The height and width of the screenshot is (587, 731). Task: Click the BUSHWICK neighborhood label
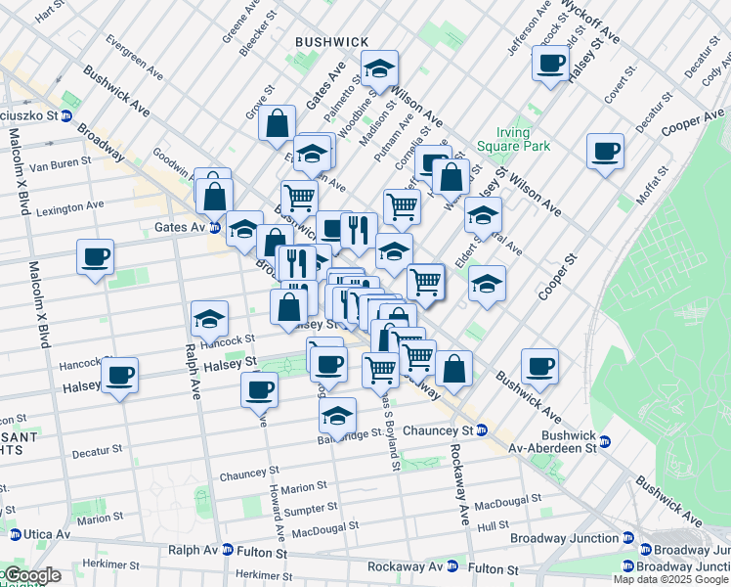(331, 41)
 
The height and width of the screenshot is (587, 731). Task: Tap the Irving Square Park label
(513, 139)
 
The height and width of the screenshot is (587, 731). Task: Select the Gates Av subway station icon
(214, 227)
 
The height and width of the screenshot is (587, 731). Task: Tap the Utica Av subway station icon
(16, 535)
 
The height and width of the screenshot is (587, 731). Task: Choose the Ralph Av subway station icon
(228, 551)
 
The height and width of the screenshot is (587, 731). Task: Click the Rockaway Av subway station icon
(452, 566)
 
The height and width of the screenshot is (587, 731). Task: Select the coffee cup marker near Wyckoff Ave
(550, 65)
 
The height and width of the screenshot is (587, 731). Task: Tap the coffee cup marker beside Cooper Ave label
(606, 152)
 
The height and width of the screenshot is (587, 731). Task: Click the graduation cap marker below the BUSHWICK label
(379, 69)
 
